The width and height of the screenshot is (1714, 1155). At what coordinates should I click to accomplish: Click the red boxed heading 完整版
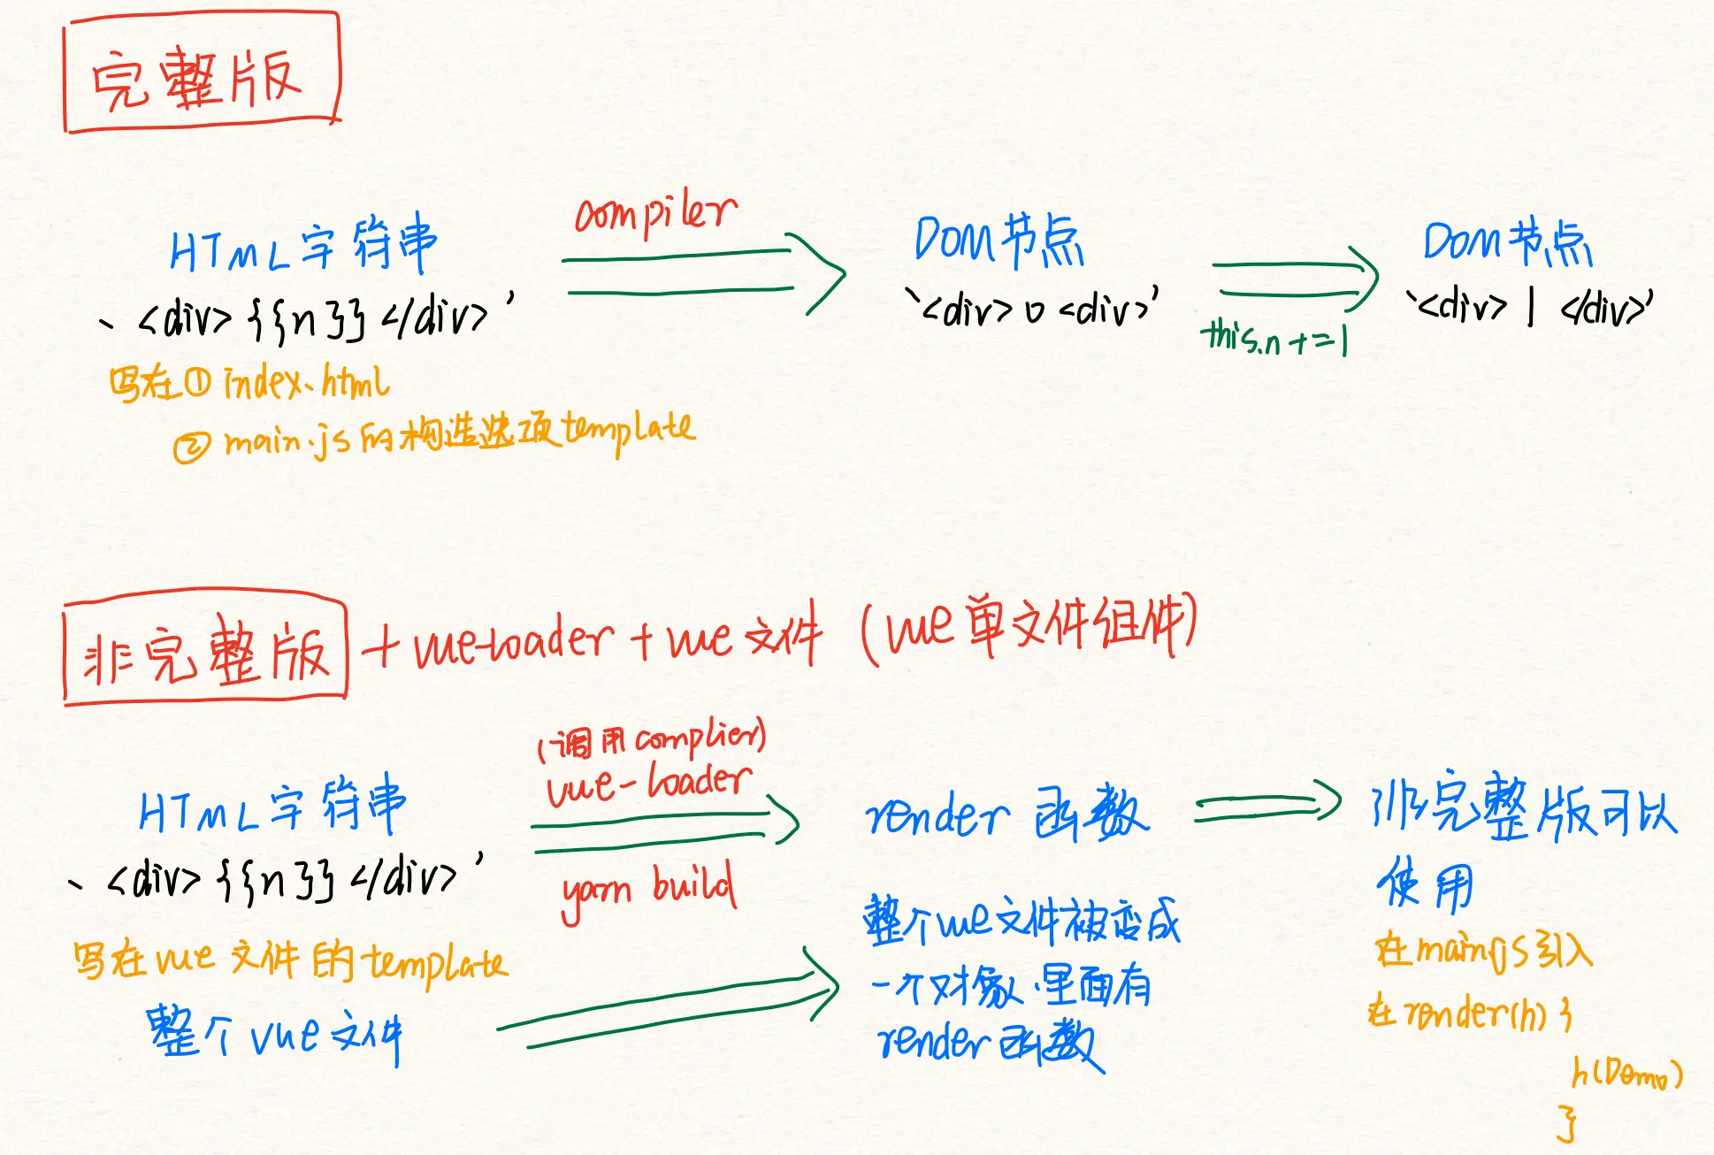pos(200,74)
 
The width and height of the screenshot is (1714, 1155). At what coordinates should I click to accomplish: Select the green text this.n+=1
pos(1274,337)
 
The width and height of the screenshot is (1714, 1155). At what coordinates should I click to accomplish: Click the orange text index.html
pos(306,382)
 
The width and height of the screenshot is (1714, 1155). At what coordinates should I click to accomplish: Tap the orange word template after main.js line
pos(629,431)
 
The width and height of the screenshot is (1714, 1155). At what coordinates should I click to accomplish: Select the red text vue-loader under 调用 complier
pos(649,784)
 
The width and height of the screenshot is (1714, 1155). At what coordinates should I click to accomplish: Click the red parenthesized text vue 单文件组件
pos(1029,627)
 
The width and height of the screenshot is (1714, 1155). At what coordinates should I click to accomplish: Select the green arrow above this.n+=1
pos(1295,278)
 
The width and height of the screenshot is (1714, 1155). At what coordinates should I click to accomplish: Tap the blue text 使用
pos(1425,884)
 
